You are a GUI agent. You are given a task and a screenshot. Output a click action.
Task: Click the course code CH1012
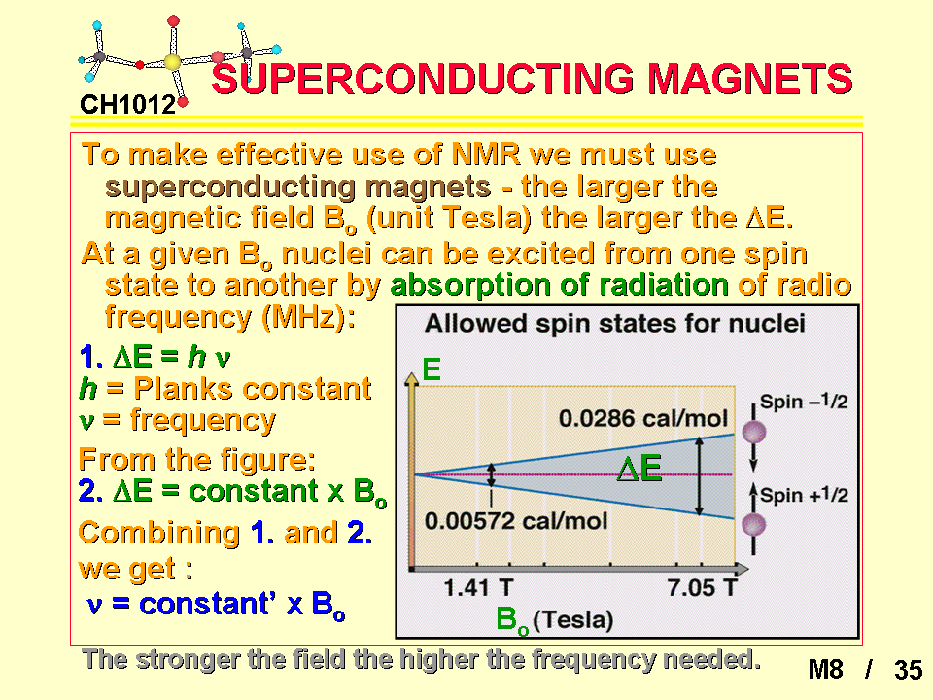pos(128,105)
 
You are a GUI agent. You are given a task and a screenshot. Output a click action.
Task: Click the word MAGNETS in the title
pos(750,79)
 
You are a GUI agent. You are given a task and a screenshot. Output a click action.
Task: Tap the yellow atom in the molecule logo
pos(172,62)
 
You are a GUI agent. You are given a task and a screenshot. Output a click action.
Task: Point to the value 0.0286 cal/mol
pos(643,418)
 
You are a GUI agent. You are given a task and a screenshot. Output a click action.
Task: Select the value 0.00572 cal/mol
pos(516,521)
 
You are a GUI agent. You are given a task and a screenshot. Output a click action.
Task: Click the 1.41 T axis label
pos(478,588)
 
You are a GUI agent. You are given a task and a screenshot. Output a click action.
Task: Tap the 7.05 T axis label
pos(702,588)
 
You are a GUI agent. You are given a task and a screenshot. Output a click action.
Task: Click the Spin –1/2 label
pos(804,402)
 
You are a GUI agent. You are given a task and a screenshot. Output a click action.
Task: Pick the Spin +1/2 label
pos(804,495)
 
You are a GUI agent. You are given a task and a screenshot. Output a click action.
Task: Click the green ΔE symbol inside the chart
pos(639,468)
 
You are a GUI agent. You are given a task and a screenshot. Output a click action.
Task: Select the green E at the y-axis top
pos(432,369)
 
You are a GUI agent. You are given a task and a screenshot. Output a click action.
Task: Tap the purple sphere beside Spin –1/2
pos(753,432)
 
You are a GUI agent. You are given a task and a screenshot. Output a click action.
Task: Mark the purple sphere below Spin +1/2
pos(753,525)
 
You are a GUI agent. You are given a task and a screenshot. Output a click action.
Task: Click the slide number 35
pos(908,670)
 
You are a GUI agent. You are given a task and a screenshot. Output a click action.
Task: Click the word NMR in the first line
pos(486,155)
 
